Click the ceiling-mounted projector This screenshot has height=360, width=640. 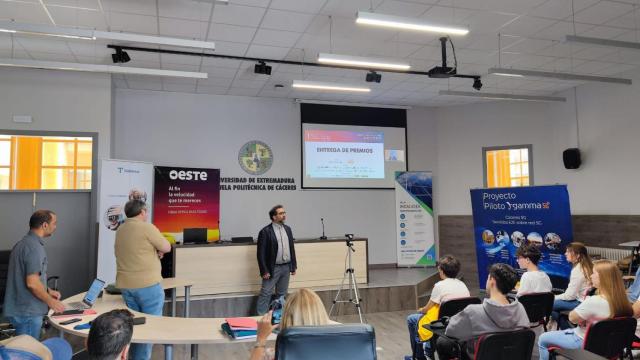(x=441, y=70)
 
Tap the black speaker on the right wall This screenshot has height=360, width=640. (x=571, y=158)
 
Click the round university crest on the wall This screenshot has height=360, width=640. (x=255, y=156)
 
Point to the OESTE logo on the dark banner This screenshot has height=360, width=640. (x=188, y=175)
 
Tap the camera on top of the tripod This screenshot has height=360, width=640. (x=349, y=241)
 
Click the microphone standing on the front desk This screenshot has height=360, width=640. (x=322, y=228)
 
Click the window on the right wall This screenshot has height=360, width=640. (x=507, y=166)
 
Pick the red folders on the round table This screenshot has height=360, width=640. (x=242, y=325)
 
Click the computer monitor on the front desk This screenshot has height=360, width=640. (x=195, y=235)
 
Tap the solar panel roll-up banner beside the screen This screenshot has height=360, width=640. (x=415, y=219)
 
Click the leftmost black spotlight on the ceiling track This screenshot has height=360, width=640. (x=120, y=56)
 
